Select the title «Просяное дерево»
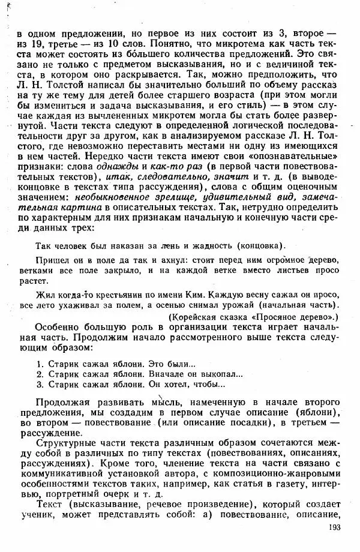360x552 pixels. coord(296,316)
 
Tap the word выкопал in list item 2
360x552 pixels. coord(215,374)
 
